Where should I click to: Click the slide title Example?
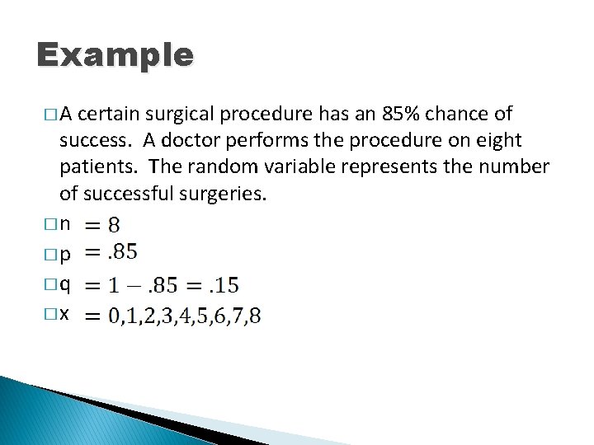coord(115,56)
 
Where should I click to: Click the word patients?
coord(97,166)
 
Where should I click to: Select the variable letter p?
coord(65,255)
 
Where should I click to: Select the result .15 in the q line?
coord(223,285)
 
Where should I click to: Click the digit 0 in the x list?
coord(115,316)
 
